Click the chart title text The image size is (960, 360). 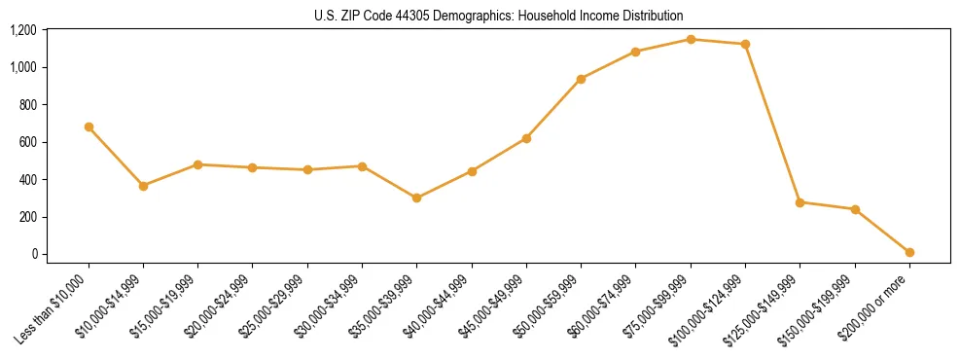pyautogui.click(x=499, y=16)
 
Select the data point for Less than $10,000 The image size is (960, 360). pyautogui.click(x=89, y=126)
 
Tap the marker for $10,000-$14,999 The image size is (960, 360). pyautogui.click(x=143, y=186)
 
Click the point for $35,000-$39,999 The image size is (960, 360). pyautogui.click(x=416, y=198)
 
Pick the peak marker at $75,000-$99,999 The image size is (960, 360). pyautogui.click(x=691, y=39)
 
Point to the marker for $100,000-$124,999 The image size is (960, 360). pyautogui.click(x=745, y=44)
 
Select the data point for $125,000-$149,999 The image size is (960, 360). pyautogui.click(x=800, y=202)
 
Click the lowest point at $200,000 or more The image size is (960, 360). pyautogui.click(x=909, y=252)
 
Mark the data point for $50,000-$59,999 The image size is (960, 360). pyautogui.click(x=581, y=79)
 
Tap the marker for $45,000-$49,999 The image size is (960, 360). pyautogui.click(x=526, y=138)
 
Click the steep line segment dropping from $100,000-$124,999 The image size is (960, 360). pyautogui.click(x=772, y=124)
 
